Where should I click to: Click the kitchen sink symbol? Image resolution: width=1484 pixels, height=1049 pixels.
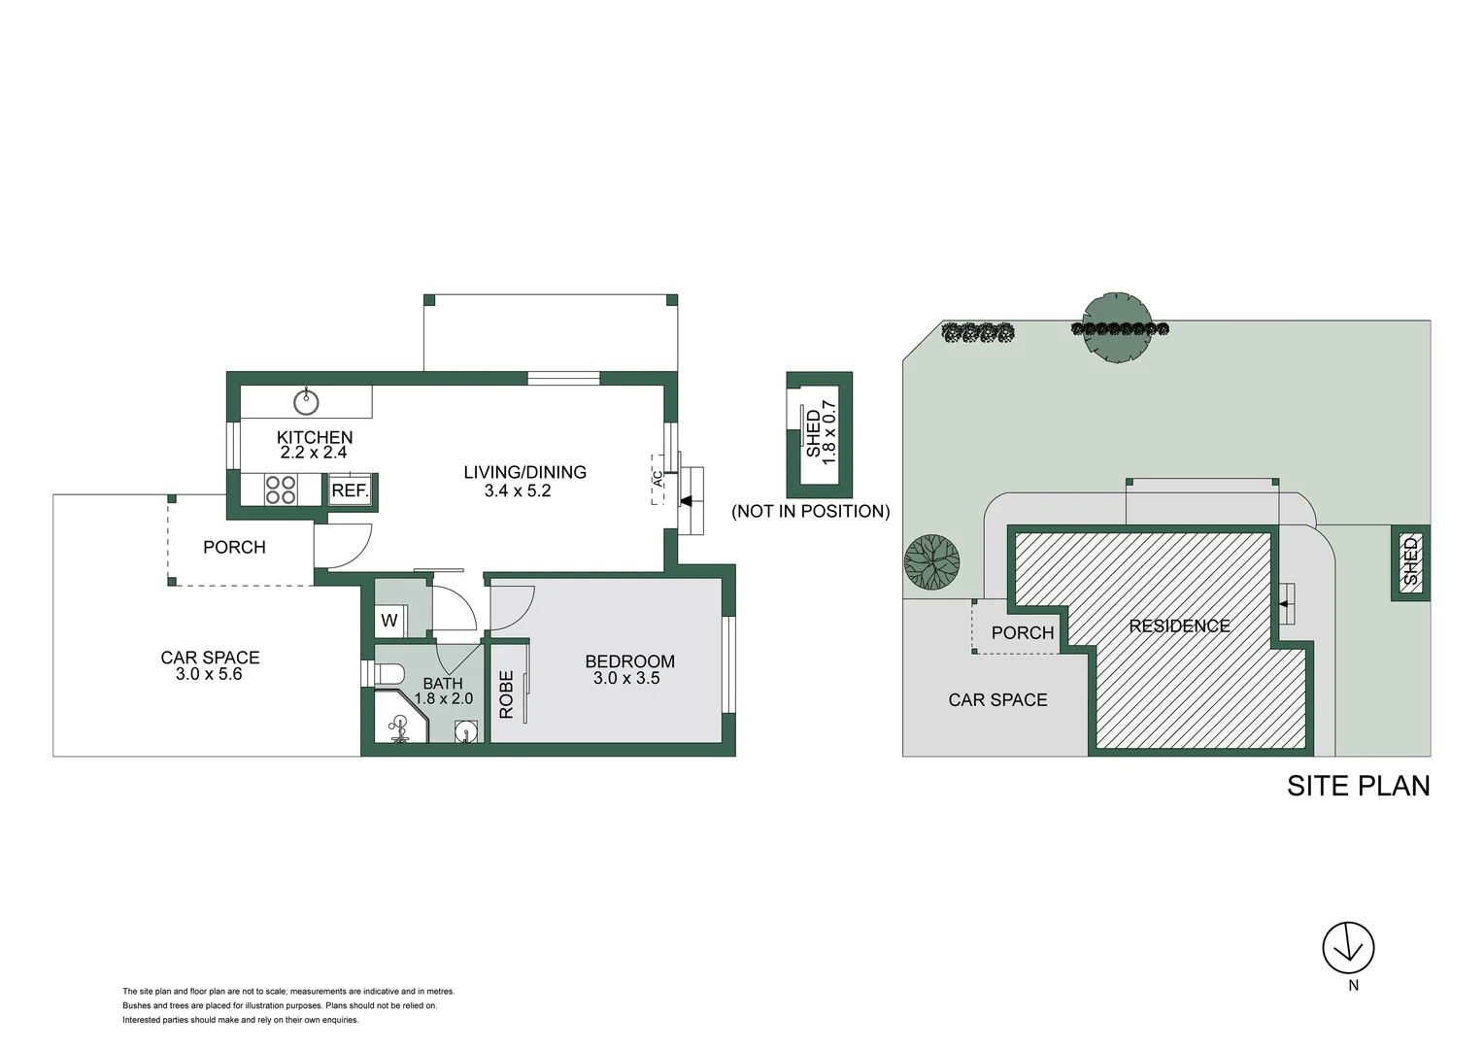pyautogui.click(x=306, y=400)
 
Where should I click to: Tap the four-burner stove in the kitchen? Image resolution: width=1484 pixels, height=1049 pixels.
pyautogui.click(x=281, y=490)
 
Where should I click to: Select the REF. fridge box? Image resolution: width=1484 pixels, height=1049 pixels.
pyautogui.click(x=350, y=491)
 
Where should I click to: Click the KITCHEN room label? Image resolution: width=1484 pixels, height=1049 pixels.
pyautogui.click(x=315, y=437)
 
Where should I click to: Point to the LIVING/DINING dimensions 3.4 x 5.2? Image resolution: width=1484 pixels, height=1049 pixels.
pyautogui.click(x=518, y=491)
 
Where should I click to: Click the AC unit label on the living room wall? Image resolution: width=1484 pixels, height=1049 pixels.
pyautogui.click(x=658, y=479)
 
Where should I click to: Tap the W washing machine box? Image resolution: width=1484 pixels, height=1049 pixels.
pyautogui.click(x=389, y=621)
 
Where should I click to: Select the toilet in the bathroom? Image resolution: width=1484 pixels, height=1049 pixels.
pyautogui.click(x=388, y=673)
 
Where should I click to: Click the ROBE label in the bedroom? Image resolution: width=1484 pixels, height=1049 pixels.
pyautogui.click(x=506, y=694)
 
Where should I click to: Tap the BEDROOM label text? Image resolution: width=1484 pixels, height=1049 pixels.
pyautogui.click(x=629, y=661)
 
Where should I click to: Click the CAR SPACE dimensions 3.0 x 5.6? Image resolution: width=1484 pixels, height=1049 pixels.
pyautogui.click(x=209, y=674)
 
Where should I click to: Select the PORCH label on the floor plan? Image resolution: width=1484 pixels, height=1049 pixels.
pyautogui.click(x=234, y=548)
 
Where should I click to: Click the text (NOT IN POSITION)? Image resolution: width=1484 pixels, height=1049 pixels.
pyautogui.click(x=810, y=511)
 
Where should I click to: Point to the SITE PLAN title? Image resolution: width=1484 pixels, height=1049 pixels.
pyautogui.click(x=1358, y=786)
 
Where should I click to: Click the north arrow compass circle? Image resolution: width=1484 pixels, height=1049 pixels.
pyautogui.click(x=1348, y=947)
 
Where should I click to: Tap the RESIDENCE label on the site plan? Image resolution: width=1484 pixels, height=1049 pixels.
pyautogui.click(x=1179, y=626)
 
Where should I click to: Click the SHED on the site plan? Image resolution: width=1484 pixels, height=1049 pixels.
pyautogui.click(x=1410, y=562)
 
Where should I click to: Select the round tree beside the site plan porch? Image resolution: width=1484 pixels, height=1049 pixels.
pyautogui.click(x=931, y=562)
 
